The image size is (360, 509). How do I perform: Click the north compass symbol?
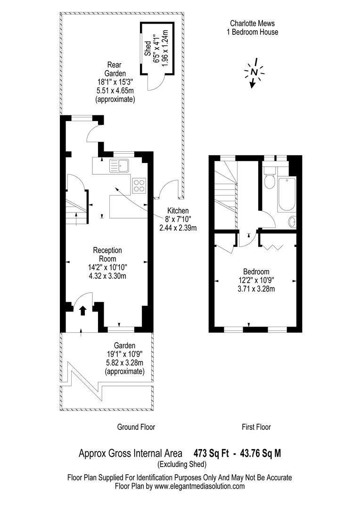254,72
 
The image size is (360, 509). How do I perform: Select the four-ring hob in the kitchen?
139,185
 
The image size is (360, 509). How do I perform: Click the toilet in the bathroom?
270,180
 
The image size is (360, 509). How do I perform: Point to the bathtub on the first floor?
286,194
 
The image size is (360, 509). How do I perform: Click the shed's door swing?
153,83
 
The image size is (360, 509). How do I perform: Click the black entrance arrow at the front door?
82,310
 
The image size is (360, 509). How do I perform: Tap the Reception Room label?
107,254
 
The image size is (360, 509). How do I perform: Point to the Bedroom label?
256,272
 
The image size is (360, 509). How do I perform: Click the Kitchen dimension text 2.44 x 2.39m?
178,228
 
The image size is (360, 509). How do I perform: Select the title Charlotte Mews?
252,23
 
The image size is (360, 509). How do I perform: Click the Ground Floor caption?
136,427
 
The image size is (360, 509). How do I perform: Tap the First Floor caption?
256,427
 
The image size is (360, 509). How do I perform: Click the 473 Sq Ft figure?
211,453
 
